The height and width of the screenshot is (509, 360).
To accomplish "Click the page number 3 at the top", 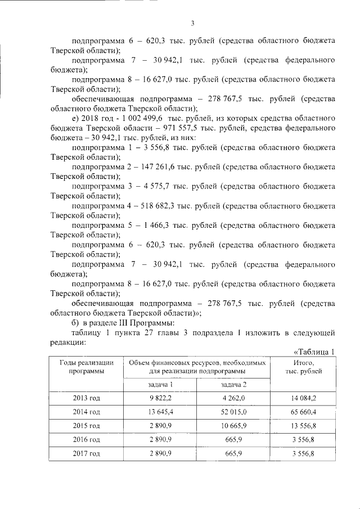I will click(x=192, y=23).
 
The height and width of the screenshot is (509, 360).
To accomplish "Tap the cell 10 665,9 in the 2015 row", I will click(x=233, y=426).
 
